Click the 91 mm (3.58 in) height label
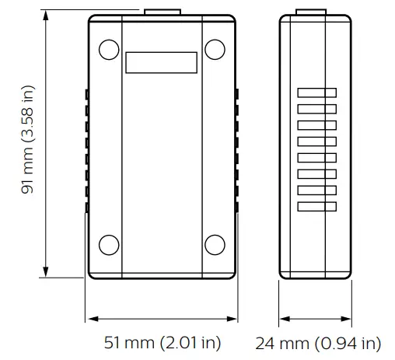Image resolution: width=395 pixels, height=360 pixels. click(x=28, y=145)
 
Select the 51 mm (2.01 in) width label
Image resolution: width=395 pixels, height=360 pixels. click(x=162, y=343)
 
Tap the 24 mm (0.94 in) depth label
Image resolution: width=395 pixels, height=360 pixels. click(x=318, y=343)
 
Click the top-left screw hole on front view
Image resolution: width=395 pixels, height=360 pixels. click(x=110, y=48)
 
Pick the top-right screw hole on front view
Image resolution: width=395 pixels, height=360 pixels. click(x=214, y=48)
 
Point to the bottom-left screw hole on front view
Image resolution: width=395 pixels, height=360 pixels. click(x=110, y=245)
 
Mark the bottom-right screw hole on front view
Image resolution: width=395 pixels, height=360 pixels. click(x=214, y=245)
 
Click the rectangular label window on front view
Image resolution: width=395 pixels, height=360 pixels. click(x=161, y=63)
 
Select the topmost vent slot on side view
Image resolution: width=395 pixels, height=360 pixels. click(x=316, y=93)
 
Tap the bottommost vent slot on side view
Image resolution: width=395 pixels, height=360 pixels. click(x=316, y=206)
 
